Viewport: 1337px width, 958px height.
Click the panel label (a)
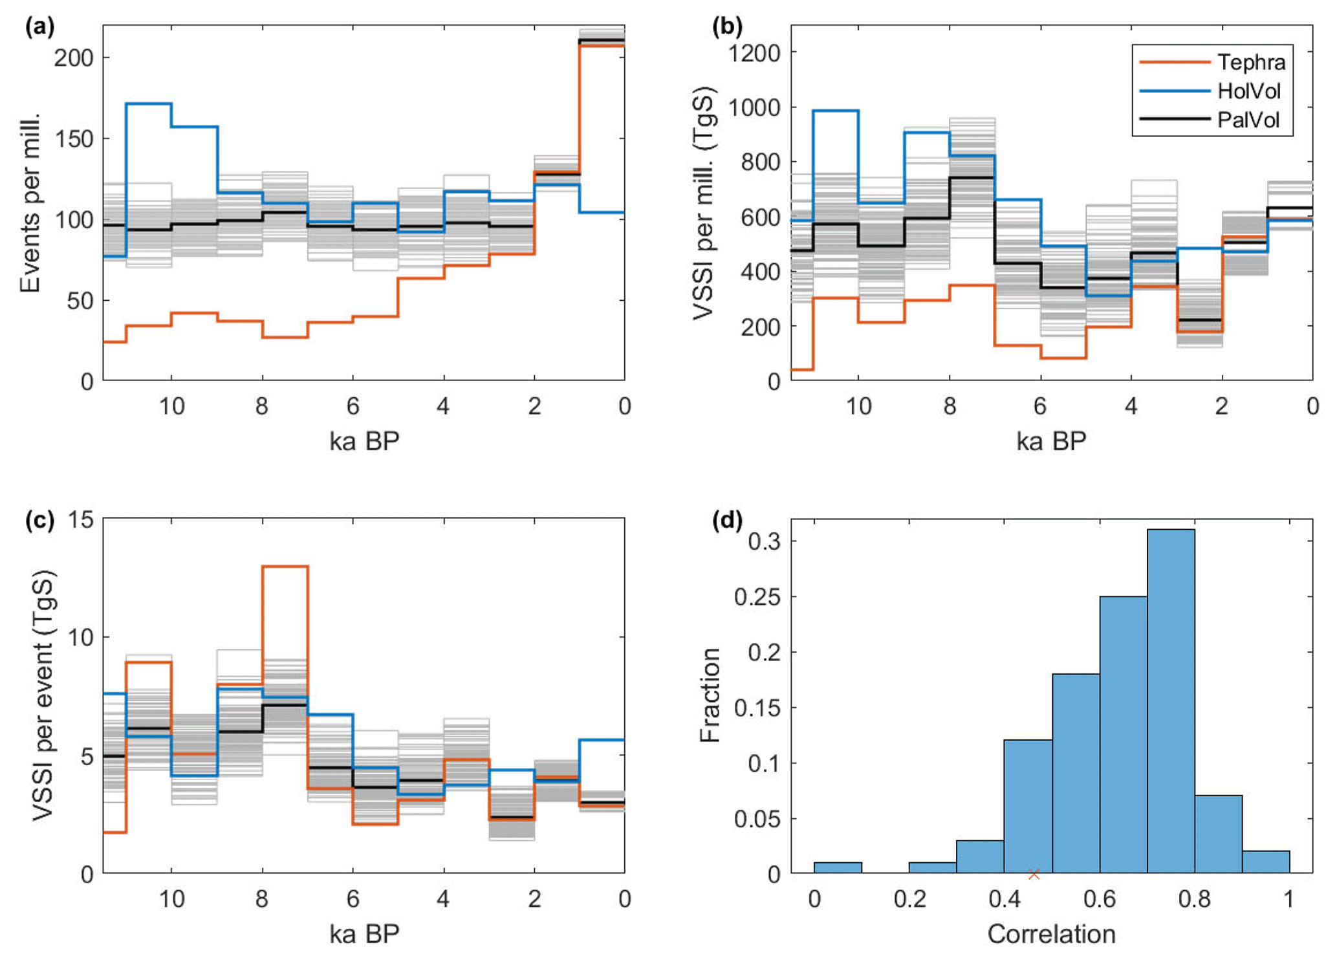pyautogui.click(x=39, y=27)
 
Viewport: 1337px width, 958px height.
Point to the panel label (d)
pyautogui.click(x=727, y=520)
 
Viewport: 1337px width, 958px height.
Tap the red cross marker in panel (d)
pyautogui.click(x=1034, y=874)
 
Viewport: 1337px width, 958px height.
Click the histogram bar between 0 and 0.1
pyautogui.click(x=838, y=867)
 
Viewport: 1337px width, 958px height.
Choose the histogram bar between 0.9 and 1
pyautogui.click(x=1266, y=862)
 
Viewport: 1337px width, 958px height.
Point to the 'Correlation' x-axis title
pyautogui.click(x=1051, y=934)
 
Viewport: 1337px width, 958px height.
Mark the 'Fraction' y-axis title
pyautogui.click(x=710, y=695)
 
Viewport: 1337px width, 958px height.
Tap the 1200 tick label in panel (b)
pyautogui.click(x=754, y=52)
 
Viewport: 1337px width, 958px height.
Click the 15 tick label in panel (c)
pyautogui.click(x=80, y=519)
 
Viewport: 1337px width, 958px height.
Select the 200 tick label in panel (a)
pyautogui.click(x=73, y=58)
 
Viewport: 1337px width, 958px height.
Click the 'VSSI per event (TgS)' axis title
pyautogui.click(x=43, y=695)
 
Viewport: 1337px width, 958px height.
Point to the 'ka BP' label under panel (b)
pyautogui.click(x=1051, y=441)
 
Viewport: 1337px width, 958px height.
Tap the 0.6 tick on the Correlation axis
pyautogui.click(x=1100, y=899)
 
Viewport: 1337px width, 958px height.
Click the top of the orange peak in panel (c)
pyautogui.click(x=285, y=567)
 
